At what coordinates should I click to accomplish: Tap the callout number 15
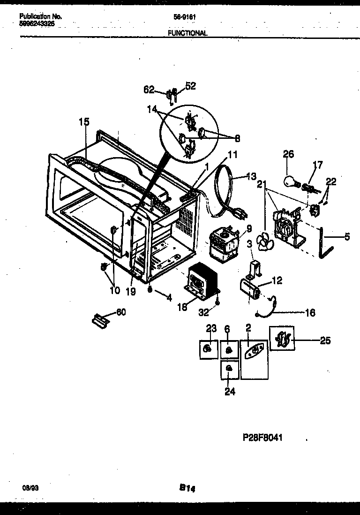click(x=83, y=122)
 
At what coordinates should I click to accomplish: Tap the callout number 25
click(x=325, y=340)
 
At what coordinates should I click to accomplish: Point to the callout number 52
click(x=190, y=86)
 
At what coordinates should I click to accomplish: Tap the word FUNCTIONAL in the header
click(x=187, y=33)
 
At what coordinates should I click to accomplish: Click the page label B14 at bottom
click(x=187, y=488)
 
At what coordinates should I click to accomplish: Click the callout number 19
click(x=131, y=292)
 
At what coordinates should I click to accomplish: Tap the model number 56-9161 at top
click(x=184, y=17)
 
